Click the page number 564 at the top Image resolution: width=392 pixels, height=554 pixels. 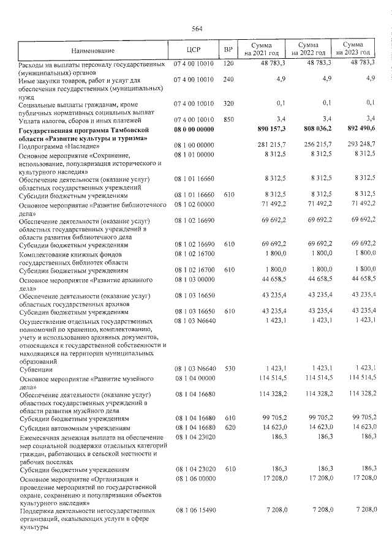click(197, 28)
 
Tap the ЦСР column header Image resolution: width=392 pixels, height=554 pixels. click(194, 50)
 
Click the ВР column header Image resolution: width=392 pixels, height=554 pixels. click(228, 50)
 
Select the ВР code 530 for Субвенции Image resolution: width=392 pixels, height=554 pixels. click(228, 369)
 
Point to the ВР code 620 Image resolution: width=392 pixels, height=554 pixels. click(228, 427)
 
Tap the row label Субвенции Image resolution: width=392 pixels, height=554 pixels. click(36, 370)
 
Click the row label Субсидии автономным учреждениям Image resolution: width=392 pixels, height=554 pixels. click(74, 427)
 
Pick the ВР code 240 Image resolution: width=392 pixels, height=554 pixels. click(228, 79)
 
